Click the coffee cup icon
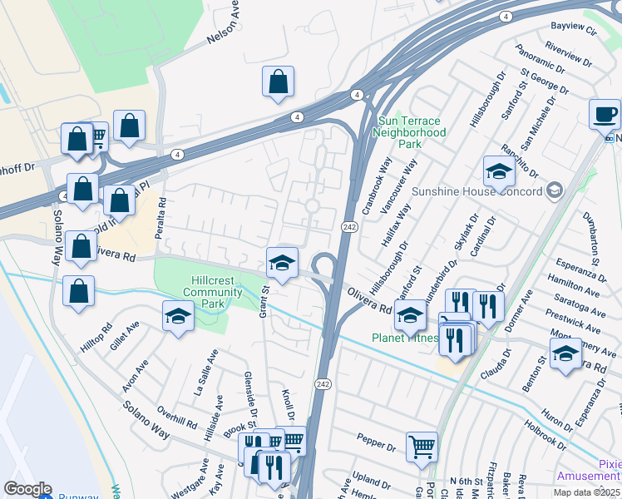point(605,114)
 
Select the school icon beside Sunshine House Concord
point(499,172)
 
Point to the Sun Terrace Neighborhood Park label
point(409,132)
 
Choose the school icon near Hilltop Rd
point(178,317)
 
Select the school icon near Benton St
point(565,353)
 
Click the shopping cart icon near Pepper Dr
point(422,447)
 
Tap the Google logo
point(27,488)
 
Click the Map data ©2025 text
point(587,492)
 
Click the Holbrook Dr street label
point(545,435)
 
